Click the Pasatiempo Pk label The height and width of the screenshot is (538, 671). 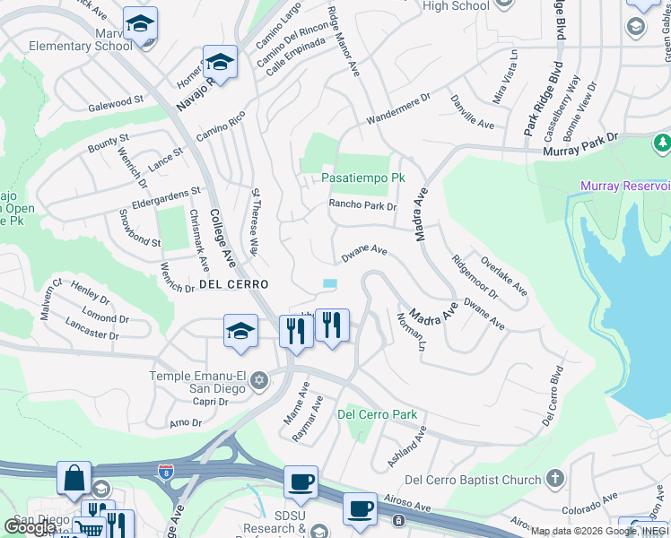pyautogui.click(x=363, y=178)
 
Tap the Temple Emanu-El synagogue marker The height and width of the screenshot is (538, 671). pyautogui.click(x=258, y=381)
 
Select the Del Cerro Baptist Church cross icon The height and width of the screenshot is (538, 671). pyautogui.click(x=555, y=480)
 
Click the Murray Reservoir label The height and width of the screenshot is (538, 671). pyautogui.click(x=625, y=186)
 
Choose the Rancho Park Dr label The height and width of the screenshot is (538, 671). pyautogui.click(x=362, y=205)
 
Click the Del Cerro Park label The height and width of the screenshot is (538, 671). pyautogui.click(x=377, y=415)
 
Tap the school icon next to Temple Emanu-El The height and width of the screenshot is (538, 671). pyautogui.click(x=240, y=332)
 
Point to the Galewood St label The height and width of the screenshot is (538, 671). pyautogui.click(x=116, y=106)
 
